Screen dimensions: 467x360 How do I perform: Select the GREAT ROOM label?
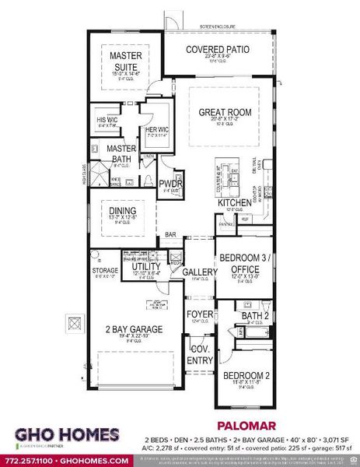(x=225, y=113)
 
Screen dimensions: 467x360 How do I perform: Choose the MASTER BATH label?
(x=121, y=153)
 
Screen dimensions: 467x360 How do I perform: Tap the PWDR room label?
(x=170, y=184)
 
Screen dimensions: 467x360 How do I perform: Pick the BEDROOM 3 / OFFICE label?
(x=244, y=262)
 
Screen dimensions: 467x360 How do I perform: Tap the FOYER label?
(x=199, y=314)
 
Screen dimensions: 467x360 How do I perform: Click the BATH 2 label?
(x=254, y=314)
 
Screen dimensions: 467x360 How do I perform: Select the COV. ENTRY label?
(x=200, y=356)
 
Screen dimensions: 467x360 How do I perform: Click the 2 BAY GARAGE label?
(x=135, y=329)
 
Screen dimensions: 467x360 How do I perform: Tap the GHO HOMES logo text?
(x=67, y=434)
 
